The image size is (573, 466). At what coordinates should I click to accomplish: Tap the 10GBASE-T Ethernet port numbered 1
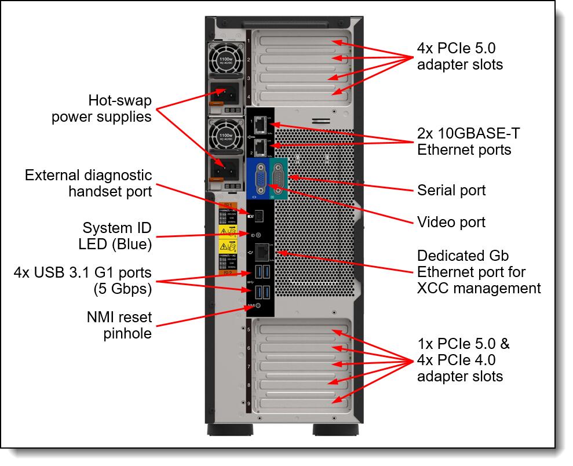tap(261, 125)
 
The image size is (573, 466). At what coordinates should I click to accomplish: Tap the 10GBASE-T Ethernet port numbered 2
tap(261, 147)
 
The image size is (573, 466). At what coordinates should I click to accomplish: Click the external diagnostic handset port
tap(258, 215)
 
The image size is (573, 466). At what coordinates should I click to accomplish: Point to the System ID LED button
tap(258, 235)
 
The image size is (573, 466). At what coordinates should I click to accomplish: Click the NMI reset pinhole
tap(258, 305)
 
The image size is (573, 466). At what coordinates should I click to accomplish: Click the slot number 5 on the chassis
tap(249, 330)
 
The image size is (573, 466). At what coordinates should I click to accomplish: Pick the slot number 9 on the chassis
tap(249, 403)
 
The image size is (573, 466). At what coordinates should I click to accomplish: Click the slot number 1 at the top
tap(249, 41)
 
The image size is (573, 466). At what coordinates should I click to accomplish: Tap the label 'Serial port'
tap(451, 190)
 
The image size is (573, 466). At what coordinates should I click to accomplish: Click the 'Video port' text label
tap(451, 222)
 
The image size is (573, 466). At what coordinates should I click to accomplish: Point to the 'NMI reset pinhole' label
tap(119, 325)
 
